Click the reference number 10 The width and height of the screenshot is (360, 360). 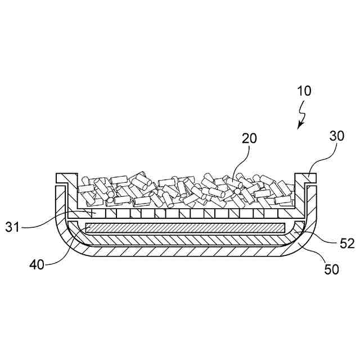click(x=304, y=91)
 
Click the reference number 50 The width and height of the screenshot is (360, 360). click(x=331, y=269)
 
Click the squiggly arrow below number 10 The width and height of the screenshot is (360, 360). click(x=303, y=115)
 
